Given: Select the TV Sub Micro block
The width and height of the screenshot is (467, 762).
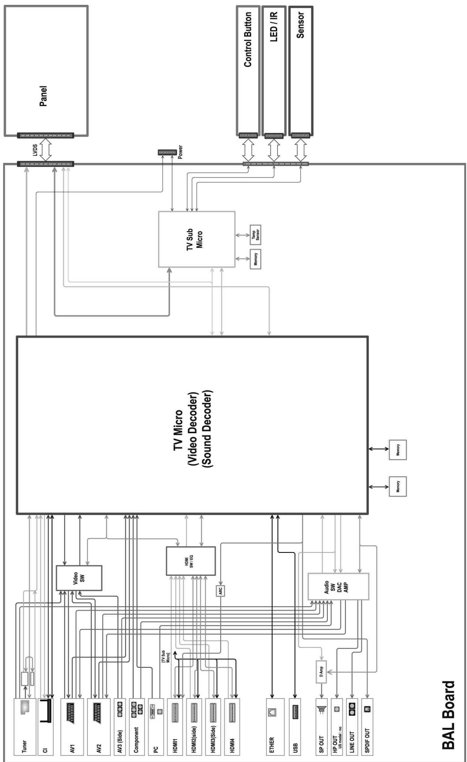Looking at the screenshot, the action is click(x=196, y=239).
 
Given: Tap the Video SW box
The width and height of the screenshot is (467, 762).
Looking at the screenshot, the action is click(x=79, y=578).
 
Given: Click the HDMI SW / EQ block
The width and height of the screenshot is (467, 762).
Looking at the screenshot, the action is click(x=190, y=561).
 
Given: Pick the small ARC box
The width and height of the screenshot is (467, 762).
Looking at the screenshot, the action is click(x=221, y=591).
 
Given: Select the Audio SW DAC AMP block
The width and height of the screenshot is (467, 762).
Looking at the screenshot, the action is click(x=338, y=587).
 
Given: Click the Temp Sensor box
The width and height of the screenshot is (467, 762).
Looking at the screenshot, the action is click(x=256, y=235).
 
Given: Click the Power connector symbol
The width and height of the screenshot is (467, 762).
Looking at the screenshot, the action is click(x=167, y=152).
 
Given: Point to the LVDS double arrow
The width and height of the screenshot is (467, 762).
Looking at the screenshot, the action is click(x=45, y=150).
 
